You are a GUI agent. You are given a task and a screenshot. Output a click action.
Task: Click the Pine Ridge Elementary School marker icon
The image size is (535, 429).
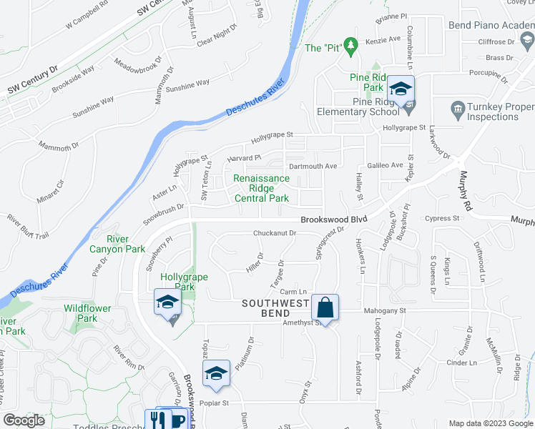click(401, 90)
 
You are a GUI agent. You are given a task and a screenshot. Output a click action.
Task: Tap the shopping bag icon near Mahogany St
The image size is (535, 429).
click(325, 309)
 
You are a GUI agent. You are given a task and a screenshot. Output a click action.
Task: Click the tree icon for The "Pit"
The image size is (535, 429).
click(350, 47)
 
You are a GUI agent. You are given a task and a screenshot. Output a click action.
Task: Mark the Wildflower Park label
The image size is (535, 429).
click(80, 313)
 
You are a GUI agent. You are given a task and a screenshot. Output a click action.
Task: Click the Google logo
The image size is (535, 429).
click(24, 420)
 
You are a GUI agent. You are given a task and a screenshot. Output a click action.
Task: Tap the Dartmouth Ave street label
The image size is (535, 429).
click(311, 166)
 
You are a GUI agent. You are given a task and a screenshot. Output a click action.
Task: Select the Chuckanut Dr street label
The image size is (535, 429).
click(275, 233)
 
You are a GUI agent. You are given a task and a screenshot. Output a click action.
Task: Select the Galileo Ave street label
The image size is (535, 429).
click(386, 164)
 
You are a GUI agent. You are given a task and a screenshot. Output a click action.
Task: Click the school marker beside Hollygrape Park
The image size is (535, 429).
click(167, 303)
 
